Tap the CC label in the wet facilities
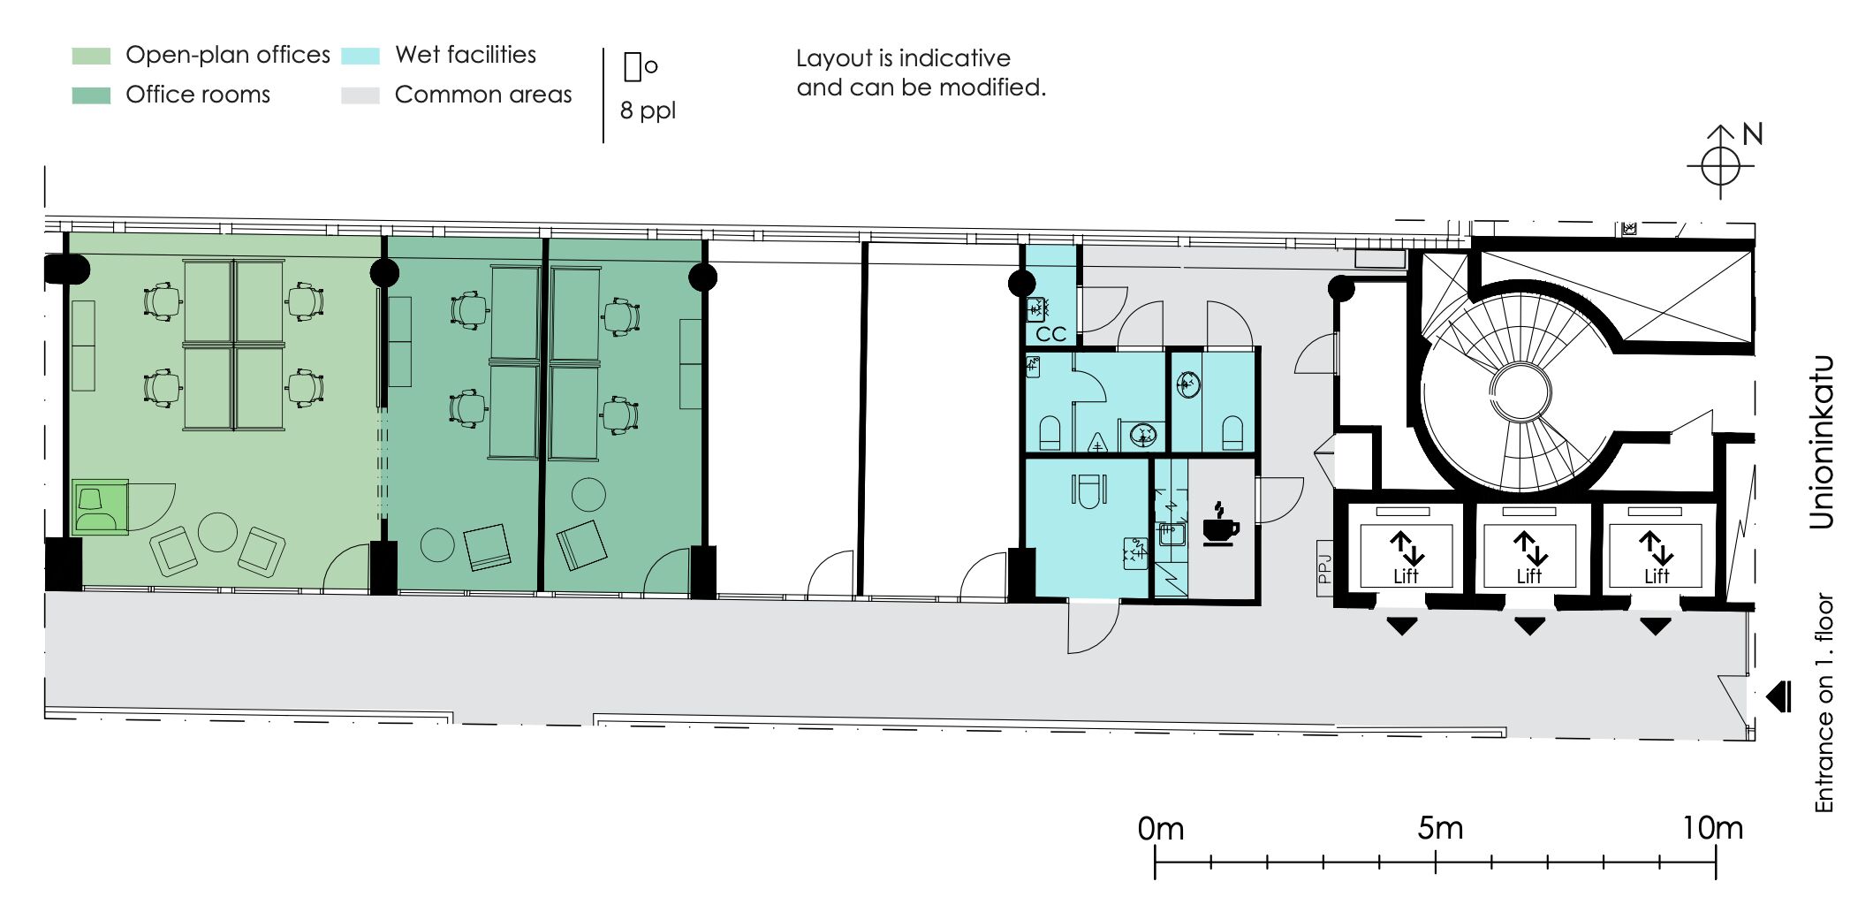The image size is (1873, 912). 1051,334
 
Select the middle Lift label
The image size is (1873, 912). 1529,576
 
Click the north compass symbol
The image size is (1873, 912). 1720,163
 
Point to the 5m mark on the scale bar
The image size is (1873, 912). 1436,862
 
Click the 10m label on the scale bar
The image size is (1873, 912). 1712,828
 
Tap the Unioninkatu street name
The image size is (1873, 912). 1821,442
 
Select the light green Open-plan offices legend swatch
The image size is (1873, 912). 91,56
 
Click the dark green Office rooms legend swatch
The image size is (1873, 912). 91,95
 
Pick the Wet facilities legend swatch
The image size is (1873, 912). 360,56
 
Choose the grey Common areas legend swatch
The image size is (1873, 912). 360,95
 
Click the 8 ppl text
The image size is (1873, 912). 648,111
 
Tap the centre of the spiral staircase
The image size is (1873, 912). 1520,391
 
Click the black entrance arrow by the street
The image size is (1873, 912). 1778,696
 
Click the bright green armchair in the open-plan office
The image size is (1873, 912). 99,507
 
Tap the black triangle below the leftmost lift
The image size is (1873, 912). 1402,627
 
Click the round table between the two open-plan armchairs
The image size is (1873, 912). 217,532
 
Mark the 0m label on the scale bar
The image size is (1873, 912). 1161,828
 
